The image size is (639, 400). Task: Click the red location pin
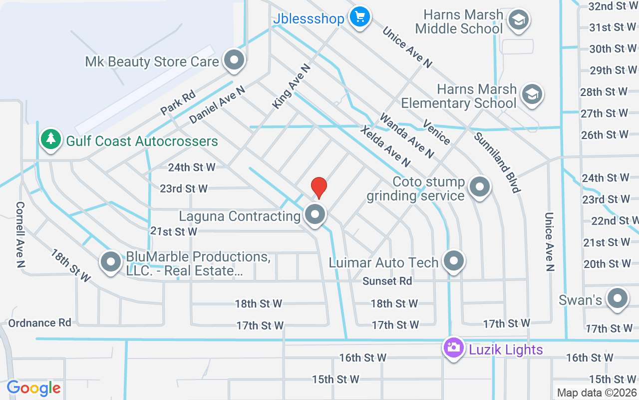click(x=319, y=187)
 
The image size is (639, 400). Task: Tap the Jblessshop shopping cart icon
click(x=359, y=17)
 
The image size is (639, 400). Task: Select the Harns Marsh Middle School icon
click(x=518, y=20)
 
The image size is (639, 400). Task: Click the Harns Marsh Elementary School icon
click(x=532, y=94)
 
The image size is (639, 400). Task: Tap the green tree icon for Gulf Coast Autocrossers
click(x=50, y=139)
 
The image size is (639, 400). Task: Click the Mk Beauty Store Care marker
click(x=233, y=60)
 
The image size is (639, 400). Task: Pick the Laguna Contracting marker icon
click(x=315, y=215)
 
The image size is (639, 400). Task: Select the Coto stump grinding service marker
click(x=480, y=187)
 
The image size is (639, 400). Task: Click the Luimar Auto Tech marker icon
click(x=454, y=261)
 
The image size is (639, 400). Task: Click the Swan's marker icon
click(x=617, y=298)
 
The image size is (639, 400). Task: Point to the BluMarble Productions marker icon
click(x=111, y=262)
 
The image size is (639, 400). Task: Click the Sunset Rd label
click(x=387, y=281)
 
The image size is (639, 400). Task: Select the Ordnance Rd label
click(x=40, y=322)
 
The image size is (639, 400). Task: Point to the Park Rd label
click(x=178, y=103)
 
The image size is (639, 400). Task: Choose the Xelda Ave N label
click(x=385, y=146)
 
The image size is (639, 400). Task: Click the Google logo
click(x=34, y=387)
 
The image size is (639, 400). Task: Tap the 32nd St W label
click(x=607, y=6)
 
